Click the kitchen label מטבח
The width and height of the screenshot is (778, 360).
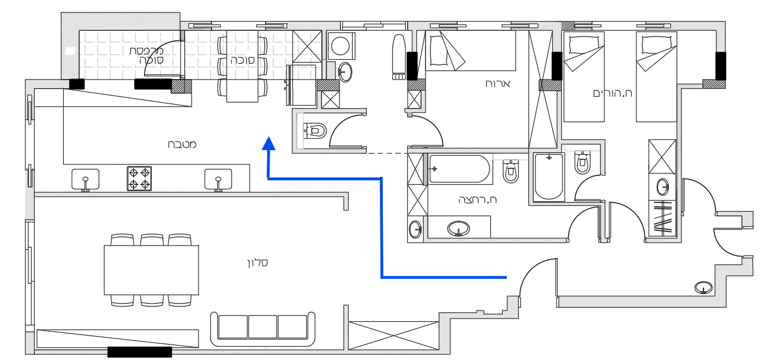click(182, 144)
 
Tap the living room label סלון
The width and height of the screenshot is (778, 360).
click(257, 263)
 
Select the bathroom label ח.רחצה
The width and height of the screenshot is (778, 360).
click(478, 200)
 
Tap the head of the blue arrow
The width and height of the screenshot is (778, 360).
click(268, 143)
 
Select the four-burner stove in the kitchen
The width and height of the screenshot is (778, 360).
click(139, 178)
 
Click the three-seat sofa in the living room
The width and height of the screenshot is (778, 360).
click(262, 328)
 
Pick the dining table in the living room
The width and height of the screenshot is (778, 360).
click(151, 270)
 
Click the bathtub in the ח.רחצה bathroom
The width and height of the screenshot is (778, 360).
click(460, 169)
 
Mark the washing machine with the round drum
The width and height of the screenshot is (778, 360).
click(341, 45)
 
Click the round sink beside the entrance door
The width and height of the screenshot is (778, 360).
click(703, 288)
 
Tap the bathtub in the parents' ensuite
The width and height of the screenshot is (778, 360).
click(549, 176)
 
